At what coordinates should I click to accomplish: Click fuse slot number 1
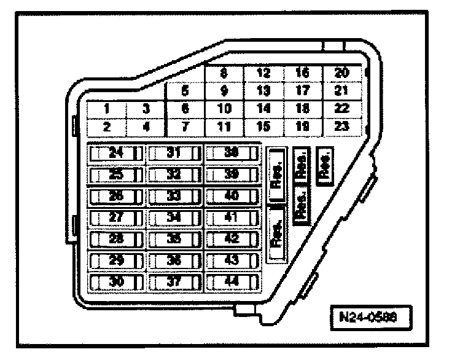[106, 109]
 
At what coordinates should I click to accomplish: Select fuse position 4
[146, 127]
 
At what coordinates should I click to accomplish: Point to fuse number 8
[224, 73]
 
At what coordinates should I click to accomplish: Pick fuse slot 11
[224, 127]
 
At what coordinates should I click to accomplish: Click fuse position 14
[263, 109]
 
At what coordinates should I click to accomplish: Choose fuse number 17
[302, 91]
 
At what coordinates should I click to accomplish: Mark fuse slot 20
[341, 73]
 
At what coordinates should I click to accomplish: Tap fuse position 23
[341, 127]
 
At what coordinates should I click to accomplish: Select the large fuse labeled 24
[116, 153]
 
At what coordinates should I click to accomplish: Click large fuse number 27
[116, 217]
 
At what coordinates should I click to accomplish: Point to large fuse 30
[116, 281]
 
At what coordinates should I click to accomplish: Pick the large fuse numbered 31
[174, 153]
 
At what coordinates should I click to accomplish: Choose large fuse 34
[174, 217]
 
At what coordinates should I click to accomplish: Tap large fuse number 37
[174, 281]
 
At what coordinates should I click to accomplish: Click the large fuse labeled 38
[232, 153]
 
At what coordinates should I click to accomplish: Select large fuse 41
[232, 217]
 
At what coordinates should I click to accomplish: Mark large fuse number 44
[232, 281]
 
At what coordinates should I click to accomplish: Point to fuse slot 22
[341, 109]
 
